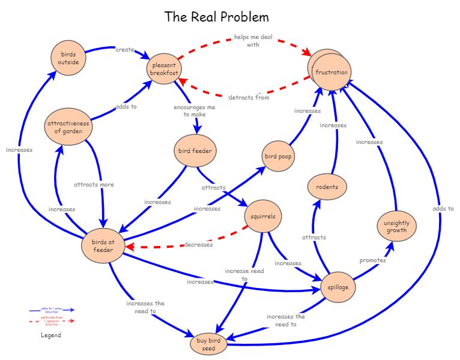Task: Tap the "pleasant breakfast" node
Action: coord(164,69)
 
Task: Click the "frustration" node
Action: coord(331,73)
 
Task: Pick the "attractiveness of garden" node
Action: coord(68,127)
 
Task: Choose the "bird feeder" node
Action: coord(193,150)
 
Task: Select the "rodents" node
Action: coord(327,187)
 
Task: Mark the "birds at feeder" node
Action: coord(103,246)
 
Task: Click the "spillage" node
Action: coord(337,287)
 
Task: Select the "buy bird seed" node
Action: coord(208,344)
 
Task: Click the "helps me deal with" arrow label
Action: coord(253,41)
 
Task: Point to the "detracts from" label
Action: coord(249,97)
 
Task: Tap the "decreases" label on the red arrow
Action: coord(198,244)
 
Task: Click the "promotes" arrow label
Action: coord(372,260)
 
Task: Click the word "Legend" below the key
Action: coord(51,335)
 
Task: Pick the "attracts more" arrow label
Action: coord(94,184)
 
